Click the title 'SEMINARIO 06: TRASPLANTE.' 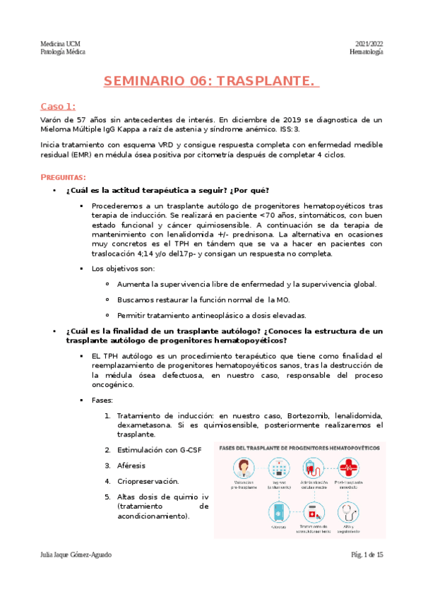click(211, 81)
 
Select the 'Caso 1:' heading click(57, 107)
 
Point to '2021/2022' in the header click(369, 44)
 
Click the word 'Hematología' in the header click(367, 53)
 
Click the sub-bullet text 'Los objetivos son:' click(124, 268)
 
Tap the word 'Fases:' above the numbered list click(102, 400)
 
